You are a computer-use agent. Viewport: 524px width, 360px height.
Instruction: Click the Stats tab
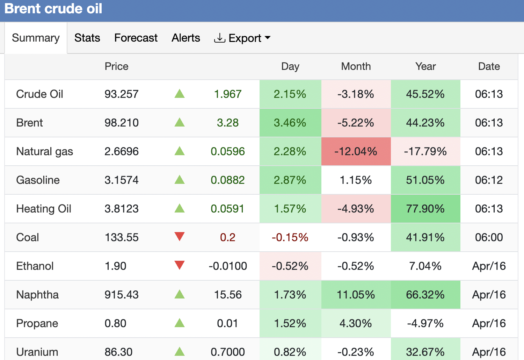pyautogui.click(x=87, y=38)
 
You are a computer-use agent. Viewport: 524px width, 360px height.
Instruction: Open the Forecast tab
pyautogui.click(x=136, y=38)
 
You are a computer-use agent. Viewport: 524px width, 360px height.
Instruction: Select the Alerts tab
pyautogui.click(x=186, y=38)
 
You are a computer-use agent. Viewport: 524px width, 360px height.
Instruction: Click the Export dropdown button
pyautogui.click(x=242, y=38)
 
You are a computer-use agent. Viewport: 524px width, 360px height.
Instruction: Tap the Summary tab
pyautogui.click(x=36, y=38)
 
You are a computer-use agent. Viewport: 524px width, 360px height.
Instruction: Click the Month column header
pyautogui.click(x=356, y=66)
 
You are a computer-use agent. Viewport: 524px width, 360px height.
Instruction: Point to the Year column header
pyautogui.click(x=425, y=66)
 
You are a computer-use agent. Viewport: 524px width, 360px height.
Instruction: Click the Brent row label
pyautogui.click(x=30, y=123)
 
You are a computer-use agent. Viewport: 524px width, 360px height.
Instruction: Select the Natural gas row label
pyautogui.click(x=45, y=151)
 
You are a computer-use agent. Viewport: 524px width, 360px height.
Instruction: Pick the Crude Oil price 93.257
pyautogui.click(x=122, y=94)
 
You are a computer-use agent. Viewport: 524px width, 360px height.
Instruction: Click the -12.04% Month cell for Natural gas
pyautogui.click(x=356, y=151)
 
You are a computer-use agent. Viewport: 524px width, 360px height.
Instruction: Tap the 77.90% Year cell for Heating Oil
pyautogui.click(x=425, y=209)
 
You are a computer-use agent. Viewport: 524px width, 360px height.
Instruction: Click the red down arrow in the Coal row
pyautogui.click(x=180, y=237)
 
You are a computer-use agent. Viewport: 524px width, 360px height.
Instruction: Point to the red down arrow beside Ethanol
pyautogui.click(x=180, y=265)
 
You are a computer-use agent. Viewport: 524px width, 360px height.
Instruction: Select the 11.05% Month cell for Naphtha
pyautogui.click(x=356, y=295)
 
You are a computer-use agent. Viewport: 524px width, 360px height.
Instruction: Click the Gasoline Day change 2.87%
pyautogui.click(x=290, y=180)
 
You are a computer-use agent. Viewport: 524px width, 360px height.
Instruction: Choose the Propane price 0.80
pyautogui.click(x=115, y=323)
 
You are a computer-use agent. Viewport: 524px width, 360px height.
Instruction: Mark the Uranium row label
pyautogui.click(x=37, y=352)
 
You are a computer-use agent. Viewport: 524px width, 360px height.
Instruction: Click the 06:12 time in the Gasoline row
pyautogui.click(x=489, y=180)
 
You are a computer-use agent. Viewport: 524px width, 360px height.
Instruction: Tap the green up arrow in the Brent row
pyautogui.click(x=180, y=122)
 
